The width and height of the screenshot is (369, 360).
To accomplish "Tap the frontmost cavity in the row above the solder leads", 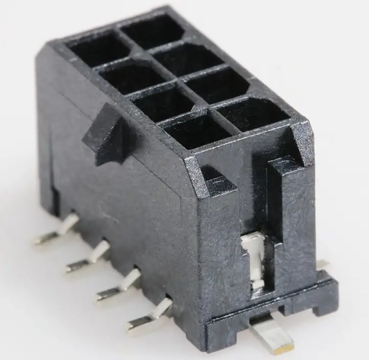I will [196, 130].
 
